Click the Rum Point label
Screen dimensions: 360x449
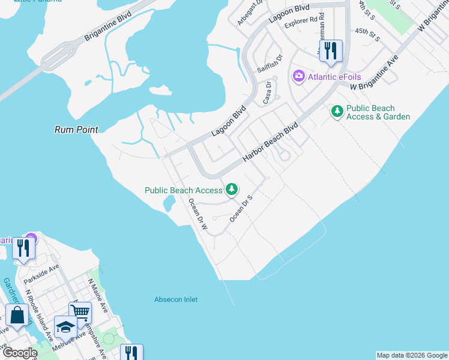[76, 129]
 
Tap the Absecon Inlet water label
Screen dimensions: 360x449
[176, 299]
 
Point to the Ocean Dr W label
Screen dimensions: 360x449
[197, 215]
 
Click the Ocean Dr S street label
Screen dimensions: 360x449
[242, 208]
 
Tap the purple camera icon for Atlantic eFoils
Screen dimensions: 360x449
[298, 76]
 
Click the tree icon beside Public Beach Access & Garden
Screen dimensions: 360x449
[337, 112]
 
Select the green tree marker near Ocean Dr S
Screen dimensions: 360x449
[231, 190]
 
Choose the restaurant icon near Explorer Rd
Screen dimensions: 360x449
[330, 50]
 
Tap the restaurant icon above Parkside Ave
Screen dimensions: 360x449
[23, 247]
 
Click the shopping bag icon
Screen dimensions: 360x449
[17, 314]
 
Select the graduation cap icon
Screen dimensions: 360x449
[65, 327]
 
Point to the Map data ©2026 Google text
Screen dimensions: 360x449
[412, 355]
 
